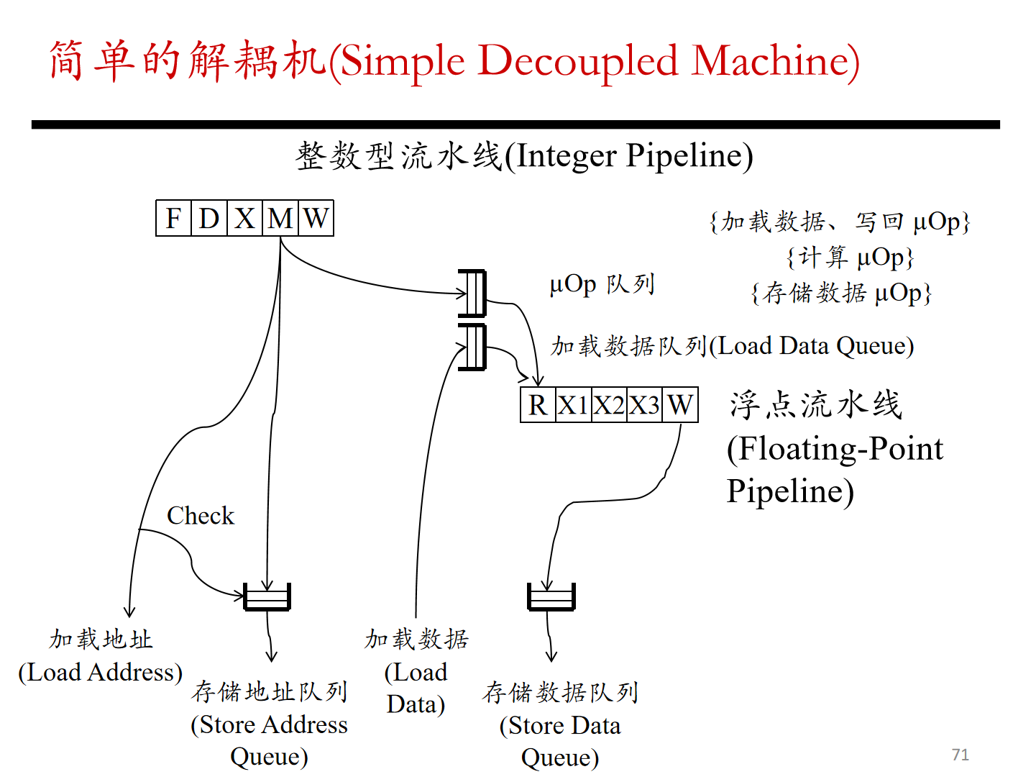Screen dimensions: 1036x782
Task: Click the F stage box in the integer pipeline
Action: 173,218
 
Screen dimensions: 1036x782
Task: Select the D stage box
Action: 209,218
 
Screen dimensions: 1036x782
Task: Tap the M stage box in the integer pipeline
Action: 280,218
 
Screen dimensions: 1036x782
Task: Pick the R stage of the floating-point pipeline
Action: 538,405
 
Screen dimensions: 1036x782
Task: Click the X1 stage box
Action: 573,405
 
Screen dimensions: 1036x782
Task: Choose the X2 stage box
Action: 609,405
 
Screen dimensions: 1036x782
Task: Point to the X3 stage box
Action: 644,405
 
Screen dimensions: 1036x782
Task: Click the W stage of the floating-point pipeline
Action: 680,405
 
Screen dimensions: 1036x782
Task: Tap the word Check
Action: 201,515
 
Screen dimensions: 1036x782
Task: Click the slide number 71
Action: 960,755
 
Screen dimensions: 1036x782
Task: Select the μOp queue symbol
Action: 472,293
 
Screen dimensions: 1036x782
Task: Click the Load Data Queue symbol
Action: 472,347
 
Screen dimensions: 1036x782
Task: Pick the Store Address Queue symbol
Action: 267,596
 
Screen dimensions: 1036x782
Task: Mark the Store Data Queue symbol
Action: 551,596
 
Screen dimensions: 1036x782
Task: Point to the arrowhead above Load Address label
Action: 129,612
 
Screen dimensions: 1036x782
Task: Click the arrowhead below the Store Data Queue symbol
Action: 551,656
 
